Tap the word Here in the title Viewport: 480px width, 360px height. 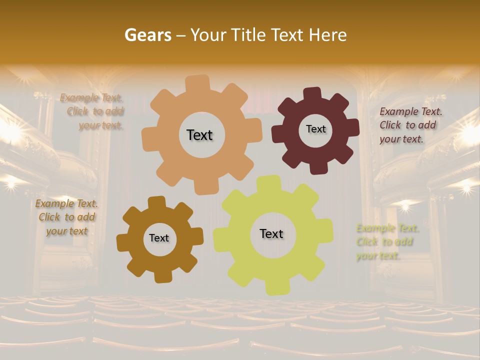tap(328, 35)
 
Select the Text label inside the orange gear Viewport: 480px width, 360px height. tap(199, 135)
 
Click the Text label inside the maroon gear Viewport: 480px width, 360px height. tap(315, 129)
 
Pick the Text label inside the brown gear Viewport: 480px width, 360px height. tap(159, 238)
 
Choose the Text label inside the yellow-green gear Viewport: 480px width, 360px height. tap(271, 233)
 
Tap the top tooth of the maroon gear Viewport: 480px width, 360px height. tap(312, 93)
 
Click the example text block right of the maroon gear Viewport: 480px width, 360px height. tap(410, 125)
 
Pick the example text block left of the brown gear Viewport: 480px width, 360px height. tap(66, 217)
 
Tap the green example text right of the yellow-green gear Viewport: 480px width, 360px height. tap(386, 242)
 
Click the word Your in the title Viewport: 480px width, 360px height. tap(209, 35)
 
